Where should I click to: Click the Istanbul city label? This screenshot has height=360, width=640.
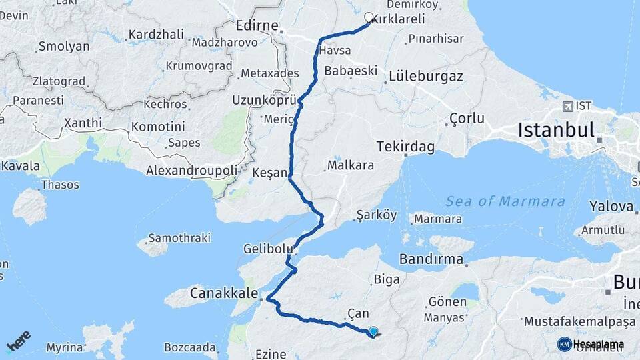pos(555,130)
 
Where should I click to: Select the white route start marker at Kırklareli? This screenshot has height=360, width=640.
pos(369,17)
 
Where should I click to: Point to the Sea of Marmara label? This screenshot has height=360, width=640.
pos(505,201)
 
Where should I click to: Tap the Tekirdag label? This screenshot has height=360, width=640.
pos(403,145)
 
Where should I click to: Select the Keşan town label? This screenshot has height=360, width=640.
pos(269,173)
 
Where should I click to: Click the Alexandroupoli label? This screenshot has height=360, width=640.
pos(192,171)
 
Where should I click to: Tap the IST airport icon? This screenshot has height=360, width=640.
pos(567,106)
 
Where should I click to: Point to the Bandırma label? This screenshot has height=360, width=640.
pos(431,258)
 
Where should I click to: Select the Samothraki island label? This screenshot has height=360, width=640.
pos(179,237)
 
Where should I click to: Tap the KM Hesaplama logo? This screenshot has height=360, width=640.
pos(591,344)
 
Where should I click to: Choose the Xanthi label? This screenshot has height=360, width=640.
pos(83,123)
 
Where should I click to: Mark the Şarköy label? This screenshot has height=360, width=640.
pos(377,215)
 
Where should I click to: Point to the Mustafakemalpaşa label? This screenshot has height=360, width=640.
pos(579,321)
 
